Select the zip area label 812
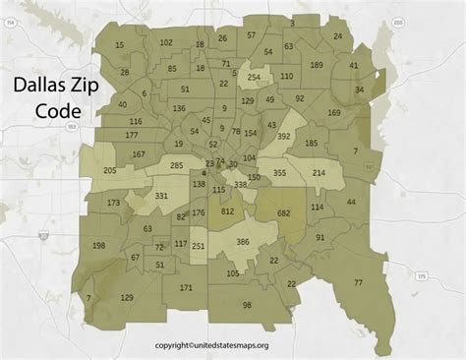[x=227, y=211]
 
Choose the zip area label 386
[x=243, y=241]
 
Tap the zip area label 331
[x=161, y=196]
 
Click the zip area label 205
[x=109, y=170]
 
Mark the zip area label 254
[x=254, y=77]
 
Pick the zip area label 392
[x=283, y=137]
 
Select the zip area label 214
[x=319, y=173]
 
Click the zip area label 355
[x=279, y=173]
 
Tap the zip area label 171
[x=186, y=287]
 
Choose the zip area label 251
[x=198, y=245]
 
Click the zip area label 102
[x=166, y=42]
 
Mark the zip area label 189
[x=316, y=64]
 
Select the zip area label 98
[x=247, y=306]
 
